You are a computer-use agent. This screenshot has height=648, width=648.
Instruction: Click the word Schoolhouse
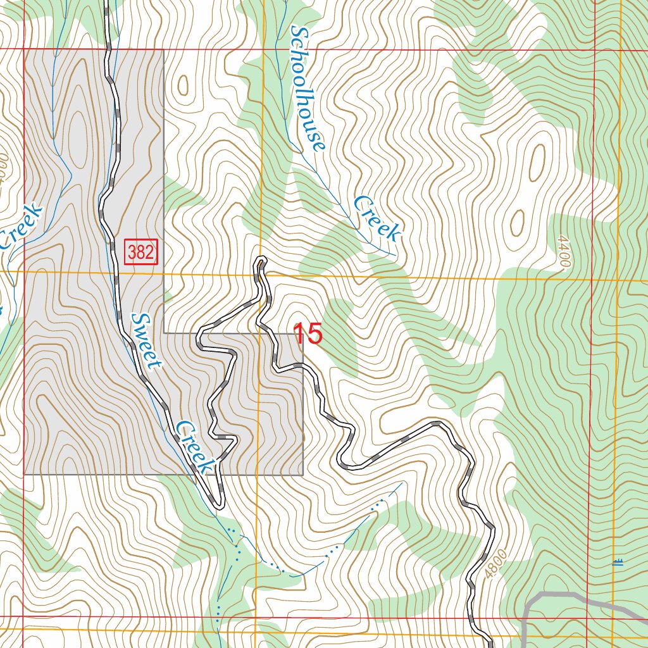[x=308, y=89]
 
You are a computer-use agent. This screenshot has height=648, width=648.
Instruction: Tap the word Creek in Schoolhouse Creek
[x=377, y=218]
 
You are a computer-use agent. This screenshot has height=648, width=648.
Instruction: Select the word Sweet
[x=146, y=340]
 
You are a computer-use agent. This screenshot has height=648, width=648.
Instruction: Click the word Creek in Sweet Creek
[x=194, y=447]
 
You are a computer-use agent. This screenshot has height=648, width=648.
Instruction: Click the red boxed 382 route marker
[x=140, y=252]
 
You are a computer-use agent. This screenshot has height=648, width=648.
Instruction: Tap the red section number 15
[x=308, y=333]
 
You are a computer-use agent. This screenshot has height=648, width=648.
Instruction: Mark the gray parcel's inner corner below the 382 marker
[x=164, y=332]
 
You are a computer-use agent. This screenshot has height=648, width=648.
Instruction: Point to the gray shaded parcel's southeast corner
[x=303, y=474]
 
